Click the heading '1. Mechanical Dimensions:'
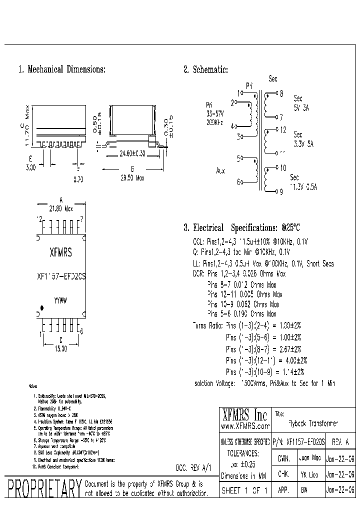(x=61, y=70)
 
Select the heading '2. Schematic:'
(x=205, y=70)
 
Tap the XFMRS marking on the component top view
(x=60, y=253)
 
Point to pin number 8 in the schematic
(x=281, y=93)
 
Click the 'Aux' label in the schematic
(x=220, y=171)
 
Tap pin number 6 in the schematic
(x=239, y=182)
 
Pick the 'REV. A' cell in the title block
(x=341, y=442)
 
